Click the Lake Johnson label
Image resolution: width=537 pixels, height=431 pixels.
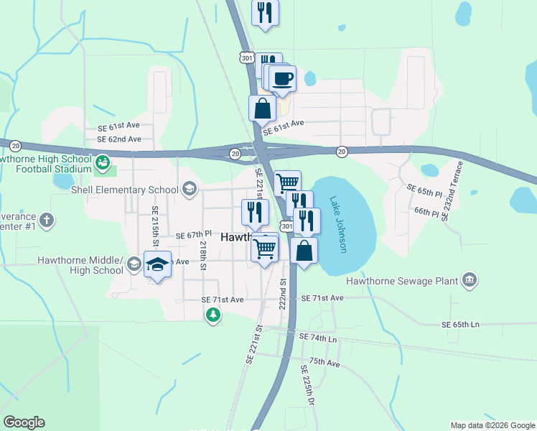(x=338, y=223)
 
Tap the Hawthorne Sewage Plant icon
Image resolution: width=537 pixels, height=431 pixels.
(x=470, y=279)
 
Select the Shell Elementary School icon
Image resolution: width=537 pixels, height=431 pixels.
(x=190, y=190)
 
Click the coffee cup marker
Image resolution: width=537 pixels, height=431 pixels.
(x=282, y=78)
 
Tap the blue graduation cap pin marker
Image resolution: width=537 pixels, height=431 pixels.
(x=157, y=265)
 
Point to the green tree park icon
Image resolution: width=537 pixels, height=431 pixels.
(x=213, y=315)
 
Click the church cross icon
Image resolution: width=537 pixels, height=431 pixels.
(x=47, y=220)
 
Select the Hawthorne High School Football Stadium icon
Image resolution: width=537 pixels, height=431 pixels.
(x=102, y=164)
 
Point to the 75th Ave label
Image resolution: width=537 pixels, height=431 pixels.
(x=324, y=363)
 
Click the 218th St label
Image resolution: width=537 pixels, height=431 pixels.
(x=203, y=255)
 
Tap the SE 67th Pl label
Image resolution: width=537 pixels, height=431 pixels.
(x=194, y=235)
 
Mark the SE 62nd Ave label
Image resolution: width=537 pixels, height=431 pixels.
(x=118, y=139)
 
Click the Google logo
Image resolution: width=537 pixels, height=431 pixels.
(x=24, y=422)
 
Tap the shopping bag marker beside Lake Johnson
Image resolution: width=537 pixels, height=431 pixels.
(x=304, y=252)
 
